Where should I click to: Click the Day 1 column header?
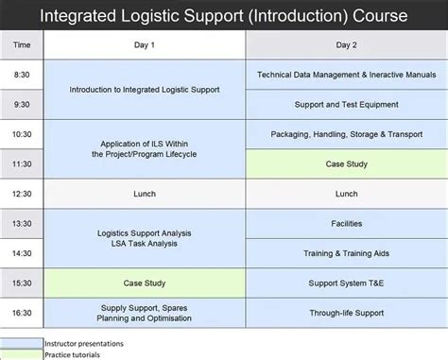pos(146,44)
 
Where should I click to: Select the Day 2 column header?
pos(346,44)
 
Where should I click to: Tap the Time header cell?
pos(22,44)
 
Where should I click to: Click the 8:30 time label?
pos(22,75)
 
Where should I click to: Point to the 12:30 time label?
pos(22,194)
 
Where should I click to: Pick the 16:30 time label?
pos(22,313)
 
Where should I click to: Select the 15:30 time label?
pos(22,283)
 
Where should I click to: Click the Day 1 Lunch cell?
pos(146,194)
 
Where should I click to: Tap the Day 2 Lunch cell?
pos(346,194)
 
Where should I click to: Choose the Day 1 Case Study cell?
pos(146,283)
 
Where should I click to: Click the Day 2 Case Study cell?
pos(346,163)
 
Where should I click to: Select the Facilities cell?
pos(346,224)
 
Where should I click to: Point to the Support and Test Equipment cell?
pos(346,104)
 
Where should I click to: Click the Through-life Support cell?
pos(346,313)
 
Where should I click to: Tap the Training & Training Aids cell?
pos(346,253)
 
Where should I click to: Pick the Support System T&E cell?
pos(346,283)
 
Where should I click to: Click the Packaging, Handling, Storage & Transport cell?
pos(346,134)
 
